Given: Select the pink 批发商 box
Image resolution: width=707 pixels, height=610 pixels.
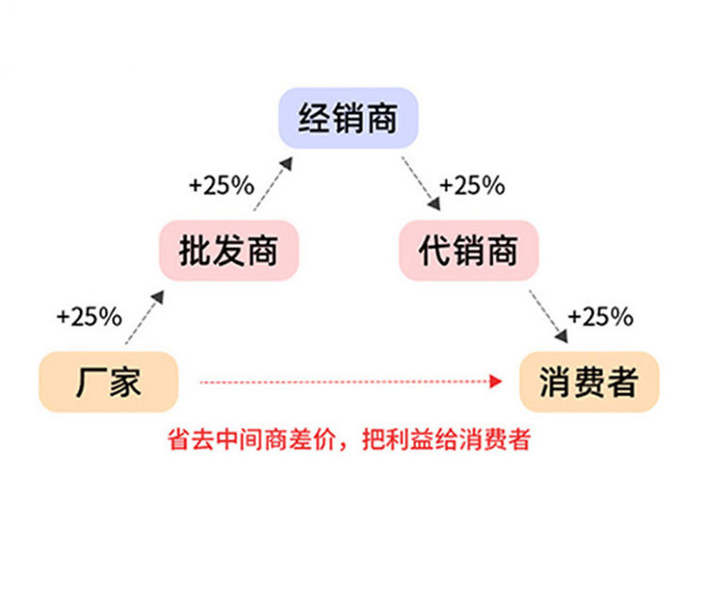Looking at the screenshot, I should (229, 252).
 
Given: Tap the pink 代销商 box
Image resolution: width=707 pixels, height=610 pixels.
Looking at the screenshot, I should (469, 252).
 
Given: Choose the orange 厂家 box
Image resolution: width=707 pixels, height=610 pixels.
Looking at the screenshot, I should (108, 382).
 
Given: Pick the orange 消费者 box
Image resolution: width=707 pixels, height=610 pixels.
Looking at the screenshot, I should (588, 382).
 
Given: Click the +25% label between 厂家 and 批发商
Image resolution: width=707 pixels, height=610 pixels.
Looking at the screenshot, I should (89, 317).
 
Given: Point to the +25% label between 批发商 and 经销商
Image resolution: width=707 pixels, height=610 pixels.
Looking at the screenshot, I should (222, 186).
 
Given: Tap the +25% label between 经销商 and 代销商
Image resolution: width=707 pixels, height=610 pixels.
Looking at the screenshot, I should (472, 186).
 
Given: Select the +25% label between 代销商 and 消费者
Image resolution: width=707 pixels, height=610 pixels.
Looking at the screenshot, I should (600, 317).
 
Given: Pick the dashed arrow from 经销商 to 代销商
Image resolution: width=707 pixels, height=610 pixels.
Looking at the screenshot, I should (420, 183).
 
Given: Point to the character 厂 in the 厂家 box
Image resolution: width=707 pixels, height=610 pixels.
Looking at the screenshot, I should (91, 382).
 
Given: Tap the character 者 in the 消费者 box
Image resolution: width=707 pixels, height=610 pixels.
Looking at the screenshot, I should (622, 382).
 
